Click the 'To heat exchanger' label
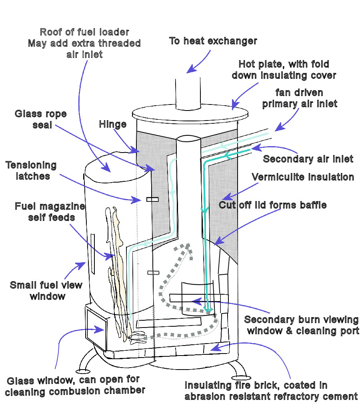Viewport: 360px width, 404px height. point(213,41)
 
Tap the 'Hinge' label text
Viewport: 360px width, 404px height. point(113,125)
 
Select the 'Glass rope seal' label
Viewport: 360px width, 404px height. point(41,119)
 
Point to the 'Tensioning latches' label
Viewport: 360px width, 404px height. point(31,171)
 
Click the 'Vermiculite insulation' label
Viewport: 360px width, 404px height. point(302,177)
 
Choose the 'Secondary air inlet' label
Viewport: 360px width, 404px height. point(308,159)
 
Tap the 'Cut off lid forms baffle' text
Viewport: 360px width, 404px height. point(273,205)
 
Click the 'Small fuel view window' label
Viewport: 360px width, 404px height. point(46,291)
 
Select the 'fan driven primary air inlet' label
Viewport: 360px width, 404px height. point(300,98)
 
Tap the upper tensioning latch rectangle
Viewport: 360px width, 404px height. point(152,199)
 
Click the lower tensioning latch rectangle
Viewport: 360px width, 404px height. point(153,273)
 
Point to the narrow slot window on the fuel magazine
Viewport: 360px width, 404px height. point(92,254)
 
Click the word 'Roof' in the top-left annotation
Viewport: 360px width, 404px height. point(51,32)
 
